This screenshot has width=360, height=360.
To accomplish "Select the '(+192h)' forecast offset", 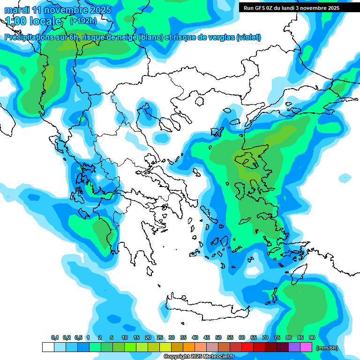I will [x=83, y=21].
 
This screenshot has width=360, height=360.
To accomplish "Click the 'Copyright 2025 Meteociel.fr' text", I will [x=198, y=357].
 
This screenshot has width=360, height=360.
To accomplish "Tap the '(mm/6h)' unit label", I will [x=327, y=348].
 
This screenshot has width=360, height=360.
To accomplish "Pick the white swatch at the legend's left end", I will [x=48, y=347].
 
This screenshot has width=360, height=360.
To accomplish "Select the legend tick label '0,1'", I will [x=55, y=338].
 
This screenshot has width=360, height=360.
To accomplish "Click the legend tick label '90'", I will [x=312, y=338].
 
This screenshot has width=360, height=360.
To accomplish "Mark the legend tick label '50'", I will [x=218, y=338].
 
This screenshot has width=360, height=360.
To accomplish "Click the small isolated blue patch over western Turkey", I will [x=345, y=178].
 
